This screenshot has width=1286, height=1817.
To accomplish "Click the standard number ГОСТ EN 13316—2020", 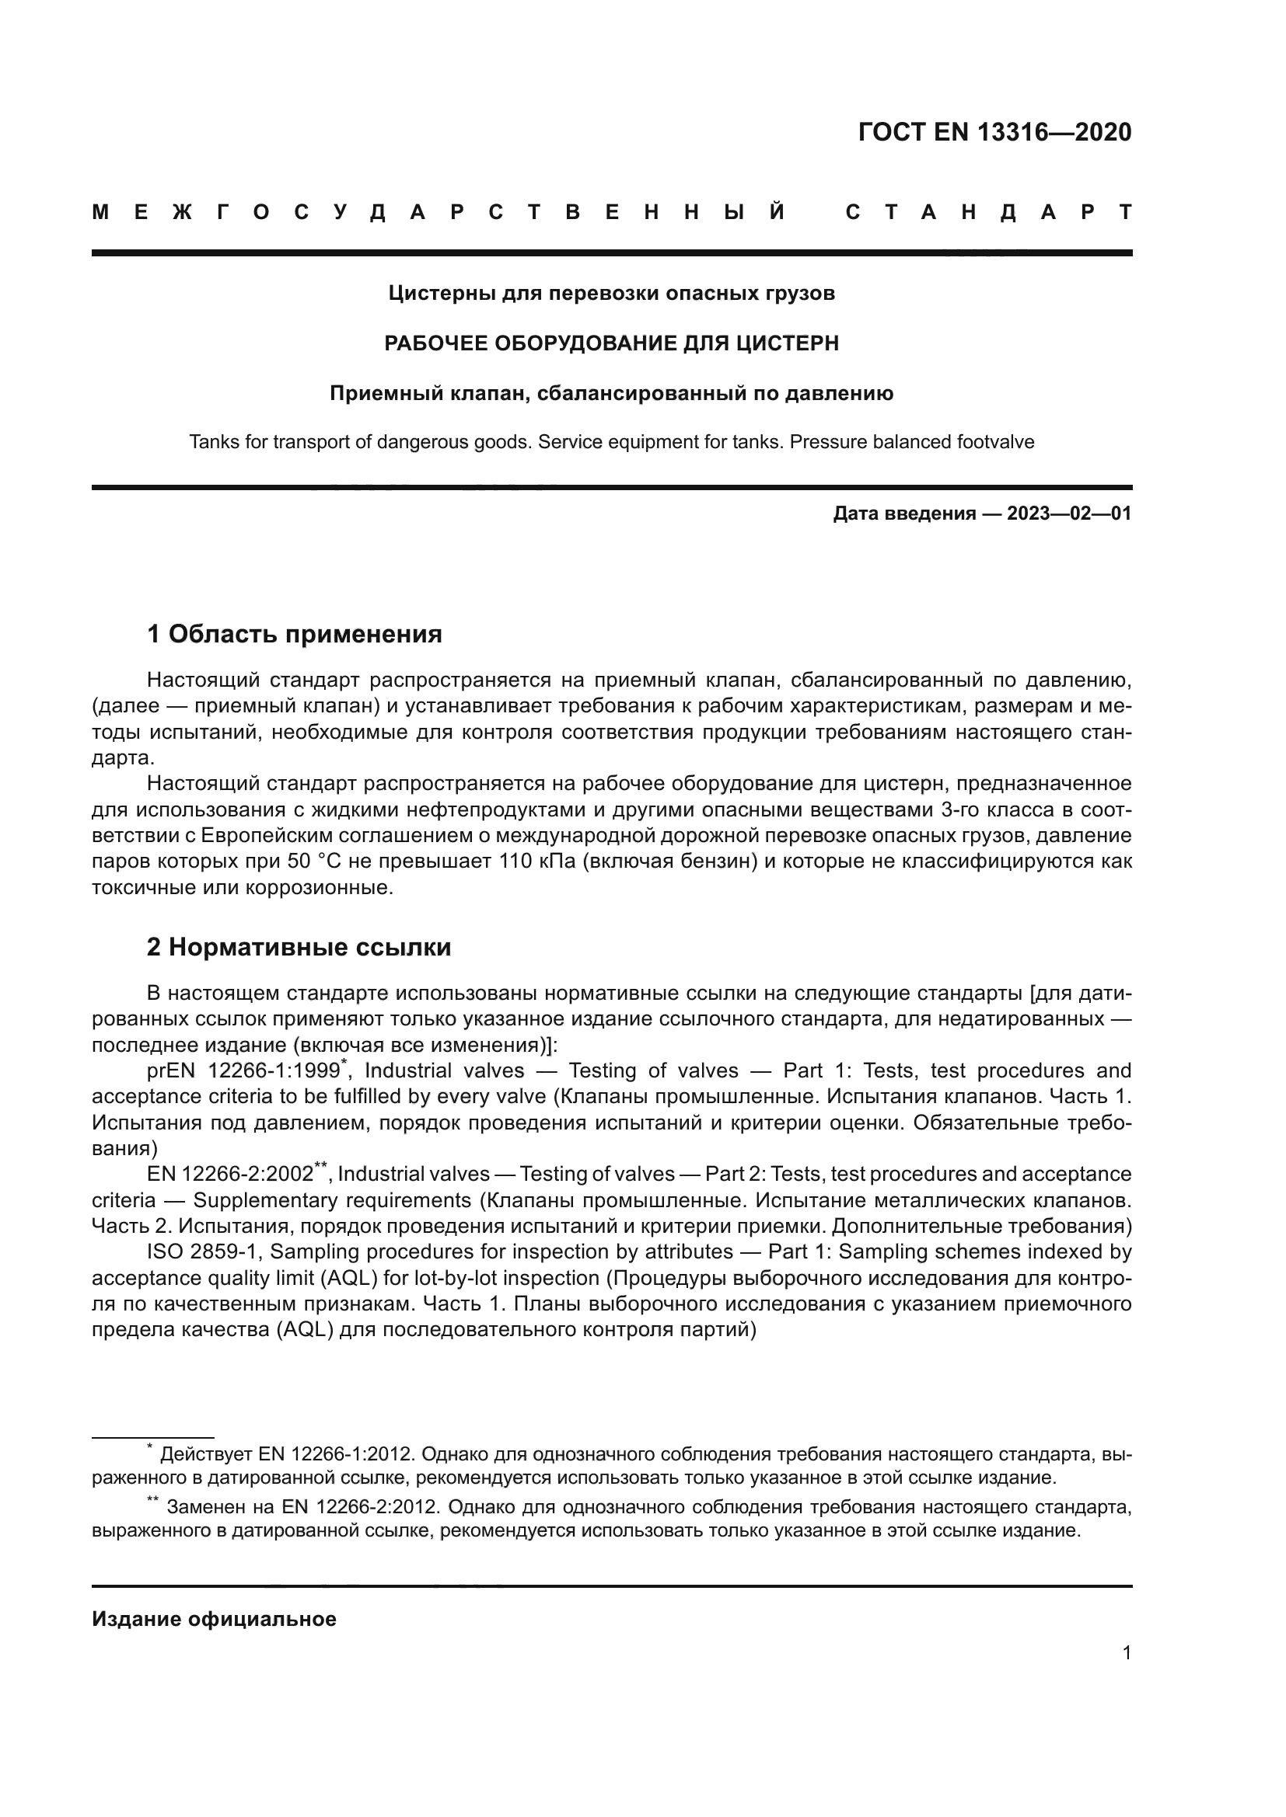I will pyautogui.click(x=994, y=132).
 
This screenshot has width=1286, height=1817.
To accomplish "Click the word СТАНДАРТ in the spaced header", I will pyautogui.click(x=989, y=213).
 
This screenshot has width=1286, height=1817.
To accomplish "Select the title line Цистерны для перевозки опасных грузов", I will pyautogui.click(x=611, y=294).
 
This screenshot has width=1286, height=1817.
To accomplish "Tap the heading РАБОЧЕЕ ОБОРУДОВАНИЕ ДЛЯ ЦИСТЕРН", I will pyautogui.click(x=611, y=343).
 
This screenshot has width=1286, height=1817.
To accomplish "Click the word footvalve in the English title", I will pyautogui.click(x=994, y=441).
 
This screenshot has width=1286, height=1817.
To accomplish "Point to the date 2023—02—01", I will pyautogui.click(x=1069, y=513).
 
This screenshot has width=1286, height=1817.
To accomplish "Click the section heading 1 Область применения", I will pyautogui.click(x=295, y=634).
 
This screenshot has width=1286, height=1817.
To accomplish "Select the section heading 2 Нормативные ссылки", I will pyautogui.click(x=299, y=947).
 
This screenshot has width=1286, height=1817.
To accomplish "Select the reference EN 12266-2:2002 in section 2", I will pyautogui.click(x=229, y=1175).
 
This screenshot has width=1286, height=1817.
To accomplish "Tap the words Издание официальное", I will pyautogui.click(x=214, y=1619).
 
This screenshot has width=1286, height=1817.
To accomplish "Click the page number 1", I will pyautogui.click(x=1126, y=1653).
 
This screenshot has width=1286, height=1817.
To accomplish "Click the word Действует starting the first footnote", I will pyautogui.click(x=207, y=1454).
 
